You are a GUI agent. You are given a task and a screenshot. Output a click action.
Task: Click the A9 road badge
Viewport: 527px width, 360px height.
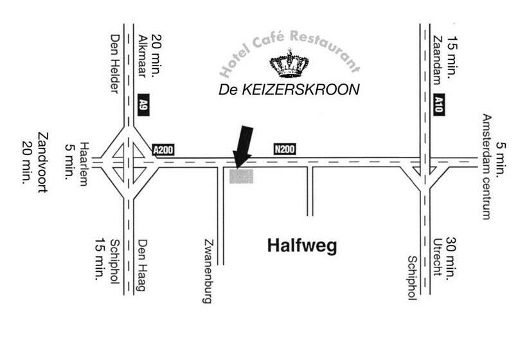point(143,105)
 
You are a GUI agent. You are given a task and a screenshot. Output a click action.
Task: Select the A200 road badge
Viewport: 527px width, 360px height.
point(163,150)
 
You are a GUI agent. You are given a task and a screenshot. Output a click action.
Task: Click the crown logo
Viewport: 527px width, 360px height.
point(289,64)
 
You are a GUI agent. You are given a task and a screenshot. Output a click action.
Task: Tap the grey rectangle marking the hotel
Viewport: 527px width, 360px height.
point(242,175)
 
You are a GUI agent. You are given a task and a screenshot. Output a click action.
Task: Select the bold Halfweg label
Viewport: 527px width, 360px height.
point(301,246)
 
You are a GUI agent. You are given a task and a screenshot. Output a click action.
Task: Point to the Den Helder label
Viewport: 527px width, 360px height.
point(115,64)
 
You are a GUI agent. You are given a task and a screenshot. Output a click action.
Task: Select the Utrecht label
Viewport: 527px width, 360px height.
point(437,257)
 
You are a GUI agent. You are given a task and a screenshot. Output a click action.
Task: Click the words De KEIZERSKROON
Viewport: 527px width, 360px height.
point(289,91)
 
